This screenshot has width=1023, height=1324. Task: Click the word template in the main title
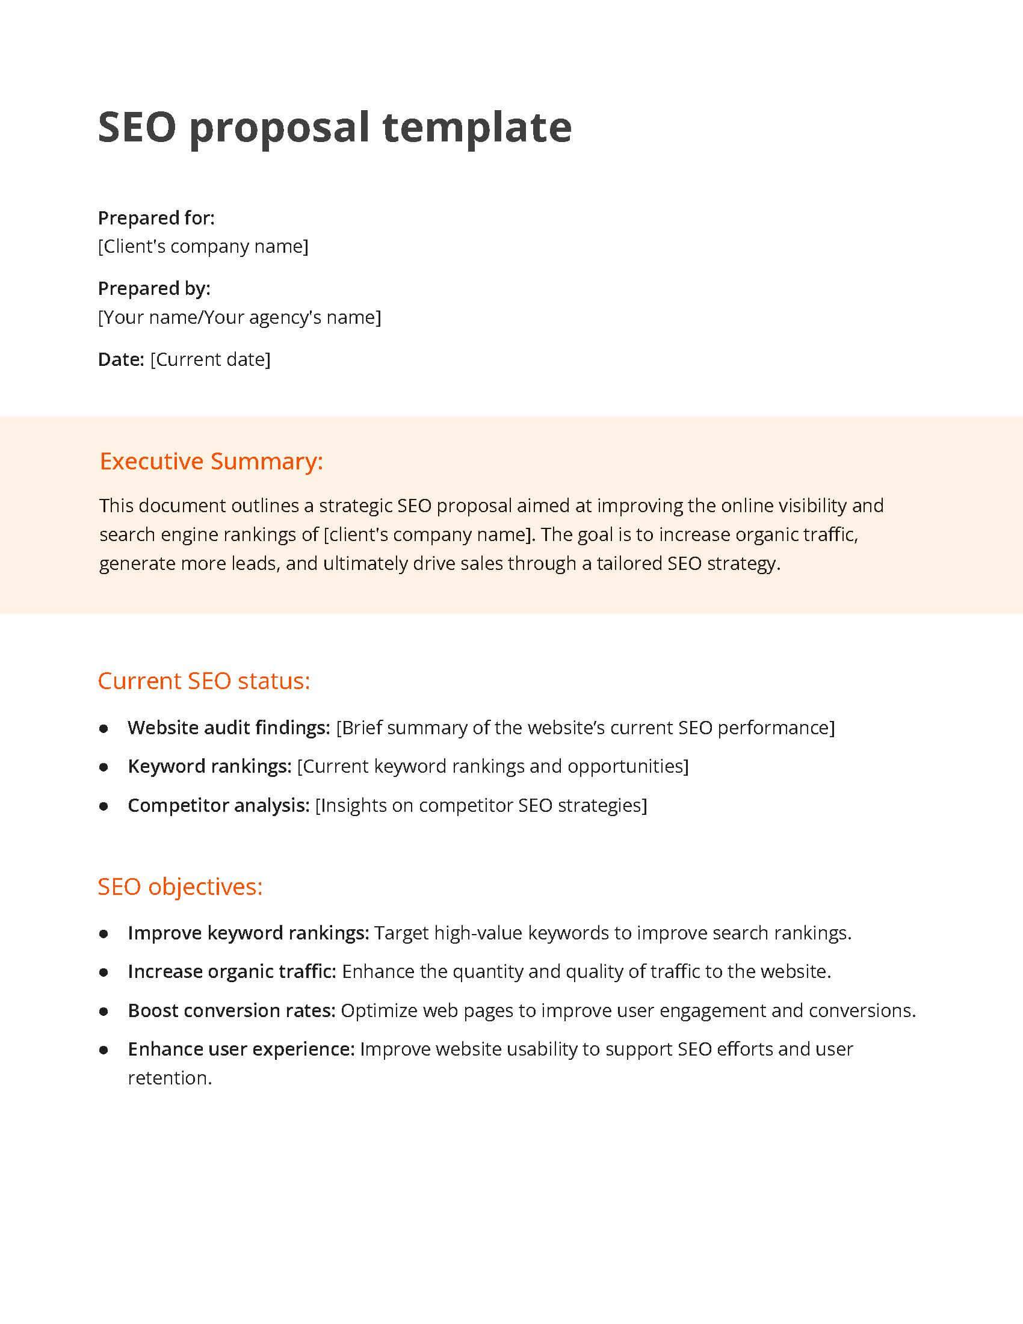point(477,128)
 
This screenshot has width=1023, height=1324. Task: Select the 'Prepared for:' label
point(156,218)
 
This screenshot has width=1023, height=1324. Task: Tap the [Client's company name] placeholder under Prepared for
point(203,246)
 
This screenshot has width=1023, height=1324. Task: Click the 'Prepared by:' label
point(154,288)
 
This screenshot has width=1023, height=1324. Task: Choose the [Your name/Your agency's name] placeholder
point(240,317)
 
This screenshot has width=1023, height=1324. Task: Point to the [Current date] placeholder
point(210,359)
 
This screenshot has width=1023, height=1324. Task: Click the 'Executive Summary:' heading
point(211,462)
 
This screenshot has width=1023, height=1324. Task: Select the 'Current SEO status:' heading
point(203,681)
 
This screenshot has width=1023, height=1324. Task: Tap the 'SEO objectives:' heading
point(180,887)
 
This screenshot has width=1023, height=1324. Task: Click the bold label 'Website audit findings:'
point(229,728)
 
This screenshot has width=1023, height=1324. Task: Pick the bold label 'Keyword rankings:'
point(209,766)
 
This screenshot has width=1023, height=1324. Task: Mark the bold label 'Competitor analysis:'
point(219,805)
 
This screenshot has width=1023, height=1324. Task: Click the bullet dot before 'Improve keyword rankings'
point(104,933)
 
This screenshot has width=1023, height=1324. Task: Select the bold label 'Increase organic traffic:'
point(232,972)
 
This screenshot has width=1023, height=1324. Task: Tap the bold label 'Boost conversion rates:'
point(232,1010)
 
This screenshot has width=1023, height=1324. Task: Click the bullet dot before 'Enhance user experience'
point(104,1050)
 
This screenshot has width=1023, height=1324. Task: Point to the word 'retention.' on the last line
point(170,1078)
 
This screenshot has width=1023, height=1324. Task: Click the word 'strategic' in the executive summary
point(356,506)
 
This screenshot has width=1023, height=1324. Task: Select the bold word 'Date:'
point(120,359)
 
